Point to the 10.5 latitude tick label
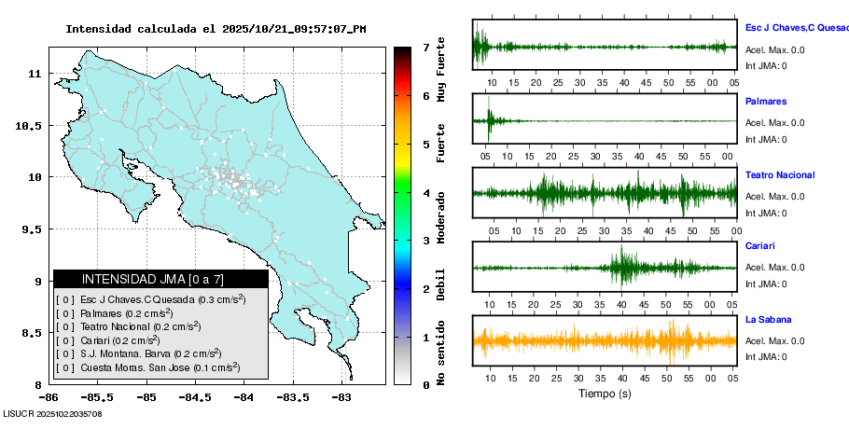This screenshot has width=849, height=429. [x=32, y=126]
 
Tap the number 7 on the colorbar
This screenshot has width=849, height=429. [x=425, y=47]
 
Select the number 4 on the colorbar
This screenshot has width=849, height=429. [x=425, y=193]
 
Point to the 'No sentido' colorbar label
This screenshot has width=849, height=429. [x=440, y=355]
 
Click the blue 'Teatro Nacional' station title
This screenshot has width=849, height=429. [x=780, y=175]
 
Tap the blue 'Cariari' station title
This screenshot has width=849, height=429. [x=760, y=246]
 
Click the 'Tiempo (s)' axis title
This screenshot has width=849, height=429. [x=605, y=394]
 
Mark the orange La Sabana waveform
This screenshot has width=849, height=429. [x=605, y=340]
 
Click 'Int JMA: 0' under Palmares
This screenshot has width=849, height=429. [x=766, y=140]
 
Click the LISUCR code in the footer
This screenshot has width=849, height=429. [x=52, y=413]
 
